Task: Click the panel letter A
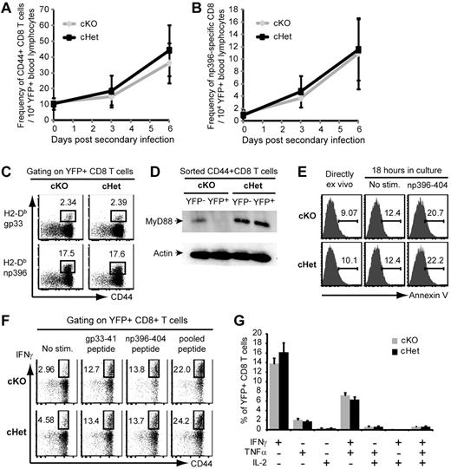click(6, 7)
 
